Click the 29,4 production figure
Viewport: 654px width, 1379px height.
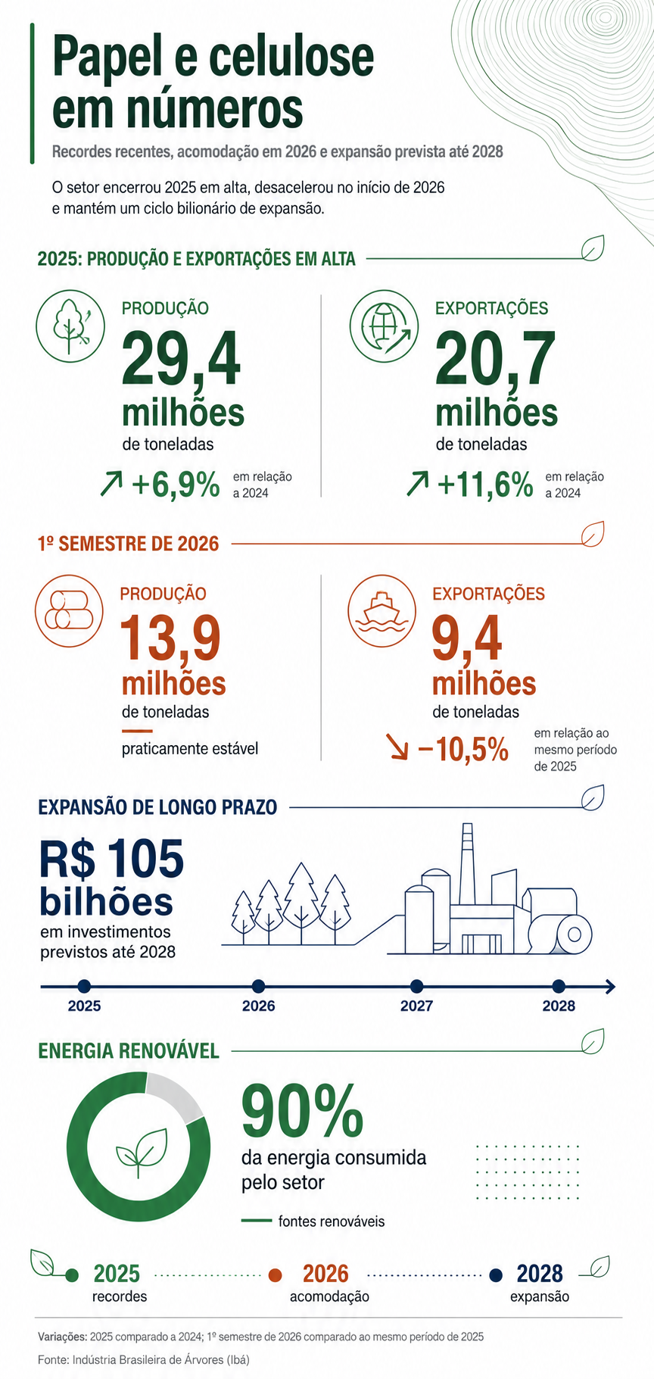[181, 359]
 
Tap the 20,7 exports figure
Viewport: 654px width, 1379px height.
[495, 359]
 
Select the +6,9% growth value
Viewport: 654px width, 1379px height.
[176, 484]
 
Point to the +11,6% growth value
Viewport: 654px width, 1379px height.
[485, 484]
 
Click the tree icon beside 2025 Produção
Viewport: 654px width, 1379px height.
[70, 326]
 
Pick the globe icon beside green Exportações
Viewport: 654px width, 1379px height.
[384, 326]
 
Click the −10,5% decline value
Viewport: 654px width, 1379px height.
[462, 749]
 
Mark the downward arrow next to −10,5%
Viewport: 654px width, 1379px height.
[397, 746]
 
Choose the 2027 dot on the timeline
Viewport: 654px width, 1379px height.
[416, 986]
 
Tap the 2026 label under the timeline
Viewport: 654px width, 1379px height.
[259, 1006]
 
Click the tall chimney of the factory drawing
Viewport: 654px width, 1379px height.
[466, 863]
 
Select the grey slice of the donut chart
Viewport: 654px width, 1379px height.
[174, 1095]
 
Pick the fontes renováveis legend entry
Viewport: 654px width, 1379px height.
[313, 1221]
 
